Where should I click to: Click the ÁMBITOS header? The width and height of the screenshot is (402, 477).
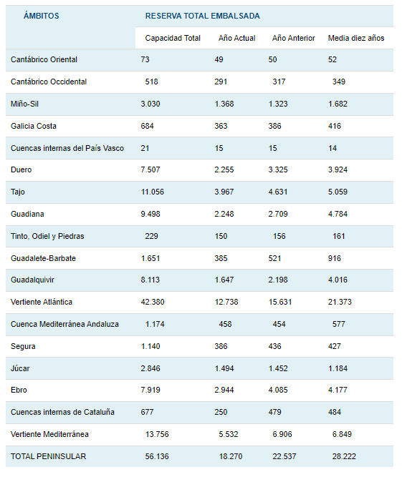click(x=41, y=16)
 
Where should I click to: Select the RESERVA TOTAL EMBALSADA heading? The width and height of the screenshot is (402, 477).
click(x=202, y=16)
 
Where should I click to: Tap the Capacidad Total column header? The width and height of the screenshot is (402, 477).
click(x=173, y=38)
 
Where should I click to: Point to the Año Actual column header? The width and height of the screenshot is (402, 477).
click(x=236, y=38)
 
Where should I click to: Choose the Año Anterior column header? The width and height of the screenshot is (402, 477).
click(x=294, y=38)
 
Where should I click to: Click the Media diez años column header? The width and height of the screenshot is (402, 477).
click(x=356, y=38)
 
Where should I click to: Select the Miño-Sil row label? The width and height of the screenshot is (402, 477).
click(x=24, y=104)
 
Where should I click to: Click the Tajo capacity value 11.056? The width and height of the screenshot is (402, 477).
click(x=153, y=192)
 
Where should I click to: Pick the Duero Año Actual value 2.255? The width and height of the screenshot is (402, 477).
click(x=224, y=169)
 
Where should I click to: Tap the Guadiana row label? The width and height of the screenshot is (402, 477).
click(x=27, y=214)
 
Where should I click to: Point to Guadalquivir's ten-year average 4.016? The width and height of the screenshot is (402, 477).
click(x=338, y=280)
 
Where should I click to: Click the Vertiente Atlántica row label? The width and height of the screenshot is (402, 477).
click(x=42, y=302)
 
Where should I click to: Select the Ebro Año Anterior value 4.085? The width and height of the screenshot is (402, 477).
click(x=278, y=390)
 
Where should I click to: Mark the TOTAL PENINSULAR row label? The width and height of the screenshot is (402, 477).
click(x=49, y=456)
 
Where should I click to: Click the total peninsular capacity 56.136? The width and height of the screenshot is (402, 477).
click(x=157, y=456)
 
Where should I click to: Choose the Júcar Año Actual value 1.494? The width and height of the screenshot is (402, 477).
click(x=224, y=368)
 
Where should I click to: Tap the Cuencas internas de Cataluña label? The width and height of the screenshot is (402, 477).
click(x=62, y=412)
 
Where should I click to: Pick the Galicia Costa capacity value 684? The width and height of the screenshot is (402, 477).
click(x=147, y=126)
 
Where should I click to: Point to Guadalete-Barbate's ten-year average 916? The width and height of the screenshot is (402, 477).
click(x=335, y=258)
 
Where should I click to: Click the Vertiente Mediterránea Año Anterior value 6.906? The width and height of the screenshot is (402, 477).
click(x=282, y=434)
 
